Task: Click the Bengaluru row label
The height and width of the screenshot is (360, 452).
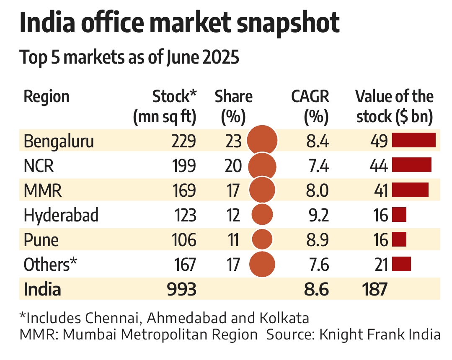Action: click(x=59, y=141)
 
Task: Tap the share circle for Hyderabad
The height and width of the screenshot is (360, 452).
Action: click(x=262, y=215)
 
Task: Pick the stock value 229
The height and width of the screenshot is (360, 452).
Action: click(x=184, y=141)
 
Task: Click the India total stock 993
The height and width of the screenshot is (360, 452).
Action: click(x=181, y=289)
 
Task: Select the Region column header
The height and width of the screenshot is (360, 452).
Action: click(x=46, y=97)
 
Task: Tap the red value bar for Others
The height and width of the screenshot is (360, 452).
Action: click(x=401, y=265)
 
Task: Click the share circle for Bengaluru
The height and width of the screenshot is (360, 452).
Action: click(x=262, y=141)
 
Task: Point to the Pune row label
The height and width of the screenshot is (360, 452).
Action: click(x=41, y=240)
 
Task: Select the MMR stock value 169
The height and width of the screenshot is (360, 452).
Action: click(x=184, y=191)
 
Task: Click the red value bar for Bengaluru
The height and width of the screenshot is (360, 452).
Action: click(x=413, y=141)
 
